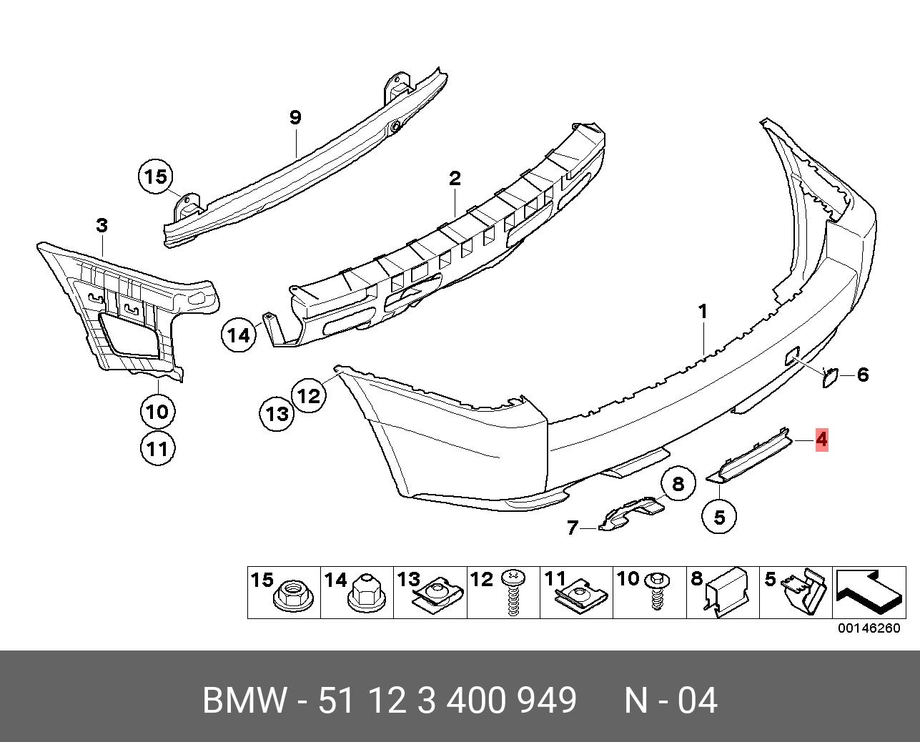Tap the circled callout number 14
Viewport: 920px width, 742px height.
(239, 335)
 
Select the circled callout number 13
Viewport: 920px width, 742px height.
(277, 412)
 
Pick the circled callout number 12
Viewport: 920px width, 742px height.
(309, 395)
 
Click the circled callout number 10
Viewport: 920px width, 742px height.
(157, 411)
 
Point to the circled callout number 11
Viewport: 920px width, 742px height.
(157, 448)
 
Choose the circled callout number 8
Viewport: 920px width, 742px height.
(678, 484)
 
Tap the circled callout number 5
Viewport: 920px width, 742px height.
(719, 516)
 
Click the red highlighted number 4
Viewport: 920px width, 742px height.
(821, 439)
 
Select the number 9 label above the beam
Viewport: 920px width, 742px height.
(295, 117)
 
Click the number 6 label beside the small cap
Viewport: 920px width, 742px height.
(862, 374)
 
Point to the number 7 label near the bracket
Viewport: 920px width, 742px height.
(572, 528)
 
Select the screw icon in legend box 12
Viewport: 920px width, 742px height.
(513, 593)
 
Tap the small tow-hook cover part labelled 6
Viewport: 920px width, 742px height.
(831, 376)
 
